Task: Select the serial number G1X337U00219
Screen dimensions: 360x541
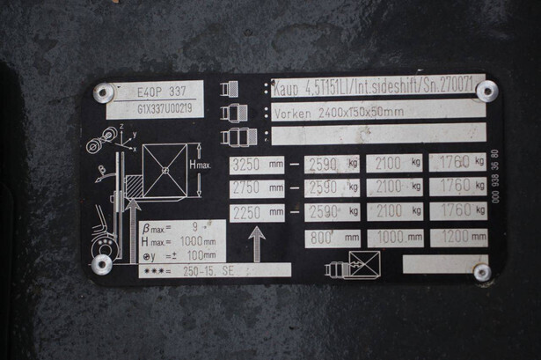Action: coord(155,109)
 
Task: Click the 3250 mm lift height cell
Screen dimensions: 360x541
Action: coord(256,164)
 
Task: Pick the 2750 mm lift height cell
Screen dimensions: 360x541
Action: coord(256,187)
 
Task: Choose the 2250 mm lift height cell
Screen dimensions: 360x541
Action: coord(256,212)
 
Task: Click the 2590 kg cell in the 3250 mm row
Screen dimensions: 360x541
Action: coord(333,164)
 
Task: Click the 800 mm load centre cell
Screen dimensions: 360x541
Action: coord(333,238)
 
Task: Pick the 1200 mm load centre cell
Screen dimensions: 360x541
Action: coord(458,238)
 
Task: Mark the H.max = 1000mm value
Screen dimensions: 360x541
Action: coord(181,241)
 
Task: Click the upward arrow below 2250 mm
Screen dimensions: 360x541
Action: coord(255,243)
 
